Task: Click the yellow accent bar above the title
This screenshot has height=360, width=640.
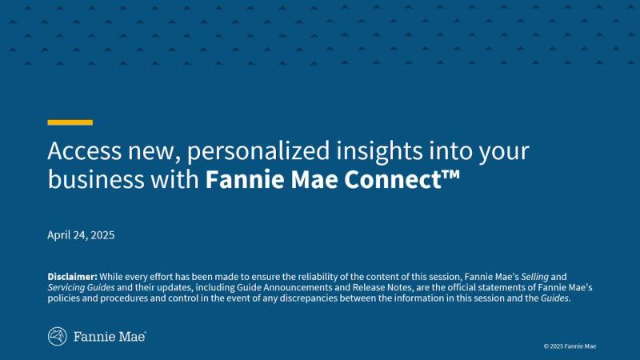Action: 70,122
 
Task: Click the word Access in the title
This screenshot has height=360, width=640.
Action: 85,150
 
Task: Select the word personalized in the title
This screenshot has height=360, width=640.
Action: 258,151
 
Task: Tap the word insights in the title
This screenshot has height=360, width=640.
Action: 379,151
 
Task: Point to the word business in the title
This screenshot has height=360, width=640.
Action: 96,179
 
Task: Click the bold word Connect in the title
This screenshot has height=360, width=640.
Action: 393,179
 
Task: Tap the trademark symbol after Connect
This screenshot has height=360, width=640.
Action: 451,174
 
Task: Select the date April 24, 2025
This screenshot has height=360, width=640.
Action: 81,235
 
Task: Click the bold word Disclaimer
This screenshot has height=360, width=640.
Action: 72,277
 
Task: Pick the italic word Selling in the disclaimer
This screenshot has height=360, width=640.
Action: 534,277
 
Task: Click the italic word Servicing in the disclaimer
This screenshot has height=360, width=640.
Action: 66,288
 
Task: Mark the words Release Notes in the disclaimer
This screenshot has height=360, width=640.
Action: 382,287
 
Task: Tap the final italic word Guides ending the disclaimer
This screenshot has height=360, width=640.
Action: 554,298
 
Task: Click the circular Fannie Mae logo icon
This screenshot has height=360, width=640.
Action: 57,337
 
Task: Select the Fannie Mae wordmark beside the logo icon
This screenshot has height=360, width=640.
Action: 110,337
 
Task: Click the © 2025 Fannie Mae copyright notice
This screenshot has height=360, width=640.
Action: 570,346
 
